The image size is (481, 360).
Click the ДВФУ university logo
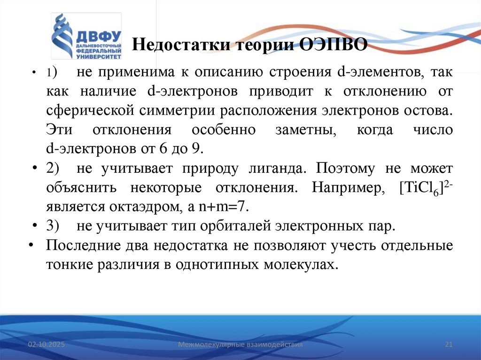pos(86,37)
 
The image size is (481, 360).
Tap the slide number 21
pos(448,345)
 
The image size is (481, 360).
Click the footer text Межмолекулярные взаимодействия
pos(240,345)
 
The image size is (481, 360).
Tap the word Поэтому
pos(346,168)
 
